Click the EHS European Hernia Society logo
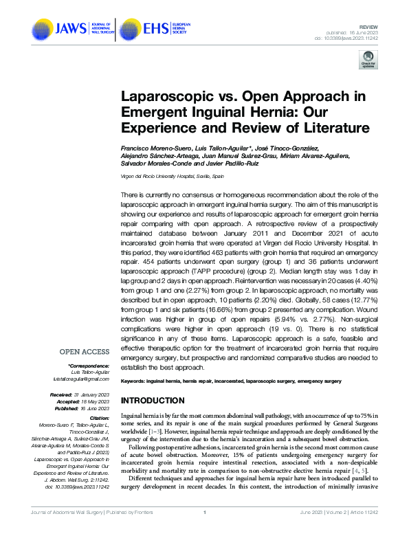158,29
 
